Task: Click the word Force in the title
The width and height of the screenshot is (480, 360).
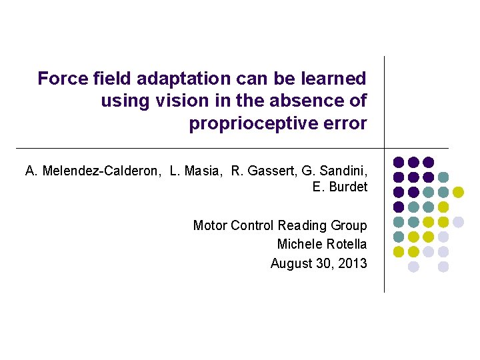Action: (x=59, y=79)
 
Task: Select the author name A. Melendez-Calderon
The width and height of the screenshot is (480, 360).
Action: (x=93, y=171)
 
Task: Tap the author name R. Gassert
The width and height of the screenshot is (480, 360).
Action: (x=255, y=171)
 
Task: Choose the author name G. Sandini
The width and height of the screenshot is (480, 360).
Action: (x=331, y=171)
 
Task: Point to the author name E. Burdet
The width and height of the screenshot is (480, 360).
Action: (x=339, y=187)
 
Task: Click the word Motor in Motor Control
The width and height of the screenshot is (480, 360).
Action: (x=209, y=225)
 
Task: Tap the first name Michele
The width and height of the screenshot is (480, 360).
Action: (x=299, y=244)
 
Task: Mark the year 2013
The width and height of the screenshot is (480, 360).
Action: (x=352, y=263)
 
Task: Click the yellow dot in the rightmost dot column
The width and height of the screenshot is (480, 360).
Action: (x=459, y=192)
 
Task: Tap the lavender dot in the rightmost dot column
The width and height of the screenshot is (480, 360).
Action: (x=459, y=222)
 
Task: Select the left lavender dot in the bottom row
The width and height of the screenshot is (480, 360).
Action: (x=413, y=267)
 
